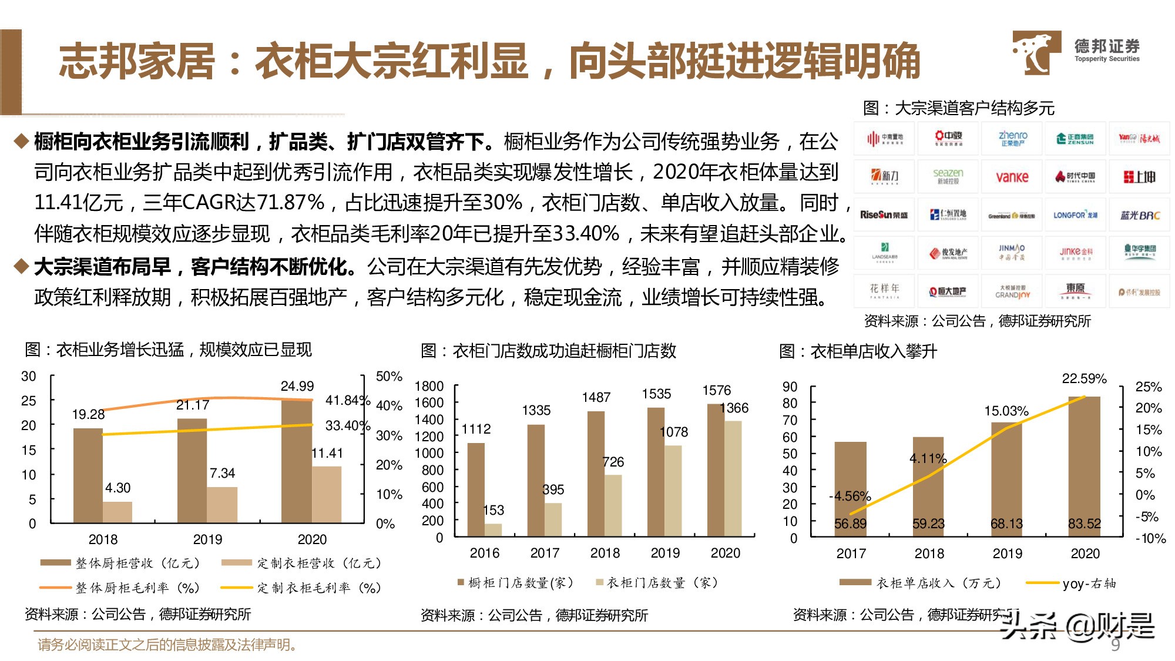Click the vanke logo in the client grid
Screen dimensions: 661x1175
click(1012, 176)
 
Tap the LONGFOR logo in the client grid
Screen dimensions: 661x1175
click(1075, 215)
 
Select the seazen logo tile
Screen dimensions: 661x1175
click(948, 176)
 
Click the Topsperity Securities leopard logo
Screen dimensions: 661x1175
click(1036, 53)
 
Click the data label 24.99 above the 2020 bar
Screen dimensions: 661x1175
click(297, 386)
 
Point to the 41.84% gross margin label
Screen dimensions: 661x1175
click(348, 400)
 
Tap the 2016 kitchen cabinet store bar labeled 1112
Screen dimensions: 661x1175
click(476, 489)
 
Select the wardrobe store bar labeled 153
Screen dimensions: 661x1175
click(493, 529)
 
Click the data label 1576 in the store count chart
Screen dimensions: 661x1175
click(717, 390)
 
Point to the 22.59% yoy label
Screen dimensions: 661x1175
click(1084, 378)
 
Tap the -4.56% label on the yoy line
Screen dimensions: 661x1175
click(850, 496)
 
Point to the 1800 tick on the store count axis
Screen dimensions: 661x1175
click(429, 386)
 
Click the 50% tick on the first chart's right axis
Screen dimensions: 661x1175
click(389, 376)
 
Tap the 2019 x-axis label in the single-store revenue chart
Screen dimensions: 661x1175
click(1007, 553)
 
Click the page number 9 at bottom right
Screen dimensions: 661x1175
click(1115, 645)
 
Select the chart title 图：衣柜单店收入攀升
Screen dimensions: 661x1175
click(858, 351)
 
